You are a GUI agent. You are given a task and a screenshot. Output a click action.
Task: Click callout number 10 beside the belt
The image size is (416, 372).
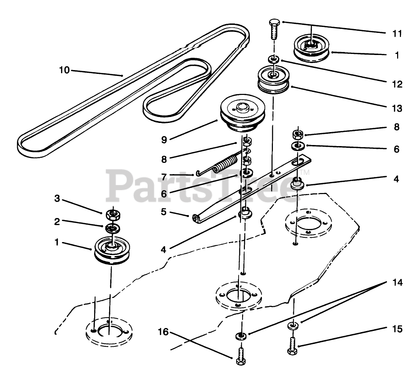(x=64, y=70)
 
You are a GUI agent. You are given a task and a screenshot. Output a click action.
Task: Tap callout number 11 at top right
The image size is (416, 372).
(x=397, y=34)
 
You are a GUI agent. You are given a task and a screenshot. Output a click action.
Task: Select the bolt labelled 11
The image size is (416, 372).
(x=273, y=31)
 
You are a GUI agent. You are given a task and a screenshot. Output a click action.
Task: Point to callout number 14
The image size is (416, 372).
(x=396, y=282)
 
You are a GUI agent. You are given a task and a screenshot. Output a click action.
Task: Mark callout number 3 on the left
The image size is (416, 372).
(x=57, y=199)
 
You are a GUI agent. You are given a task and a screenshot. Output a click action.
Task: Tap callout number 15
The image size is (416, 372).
(x=397, y=329)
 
